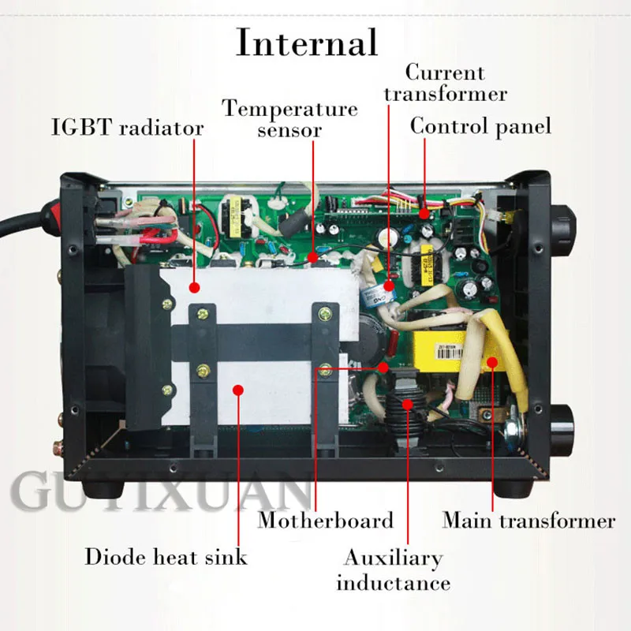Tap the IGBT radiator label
click(127, 128)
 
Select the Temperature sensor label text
click(289, 118)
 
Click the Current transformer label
click(455, 84)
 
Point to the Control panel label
click(480, 126)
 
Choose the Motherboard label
click(325, 521)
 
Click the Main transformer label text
click(528, 521)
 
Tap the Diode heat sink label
click(166, 557)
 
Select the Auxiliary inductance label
click(392, 571)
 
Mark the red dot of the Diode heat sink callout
click(236, 389)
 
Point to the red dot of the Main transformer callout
click(491, 363)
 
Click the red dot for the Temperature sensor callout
click(313, 257)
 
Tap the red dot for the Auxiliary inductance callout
click(407, 404)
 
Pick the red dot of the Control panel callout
click(424, 213)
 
